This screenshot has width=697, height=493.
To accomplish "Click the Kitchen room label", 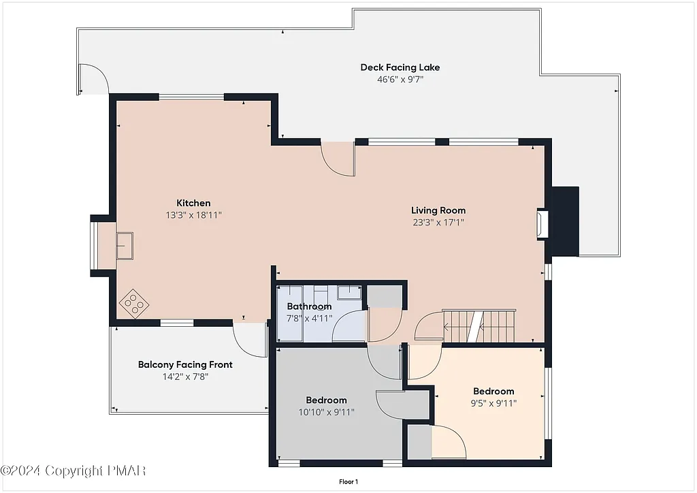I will (193, 203).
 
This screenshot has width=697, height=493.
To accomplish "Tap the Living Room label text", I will (438, 210).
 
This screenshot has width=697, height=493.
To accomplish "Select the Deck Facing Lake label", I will (400, 67).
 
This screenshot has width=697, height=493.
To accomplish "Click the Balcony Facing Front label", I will (185, 364).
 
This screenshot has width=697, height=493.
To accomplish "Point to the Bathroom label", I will (309, 306).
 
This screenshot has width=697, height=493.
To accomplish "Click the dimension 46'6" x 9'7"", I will (400, 79).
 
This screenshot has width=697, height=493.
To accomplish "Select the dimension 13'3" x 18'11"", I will (193, 214).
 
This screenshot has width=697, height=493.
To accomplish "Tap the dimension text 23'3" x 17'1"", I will (438, 222).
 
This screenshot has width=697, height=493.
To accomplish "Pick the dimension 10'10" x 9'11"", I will (326, 411).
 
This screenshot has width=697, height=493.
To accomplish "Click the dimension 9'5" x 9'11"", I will (493, 402).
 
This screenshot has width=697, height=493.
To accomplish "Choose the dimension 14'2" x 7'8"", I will (185, 376).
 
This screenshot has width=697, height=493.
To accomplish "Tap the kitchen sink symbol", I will (125, 245).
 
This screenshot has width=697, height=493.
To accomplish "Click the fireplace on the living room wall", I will (542, 223).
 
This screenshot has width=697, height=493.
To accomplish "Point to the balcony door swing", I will (250, 338).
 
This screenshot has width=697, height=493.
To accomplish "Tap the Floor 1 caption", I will (348, 482).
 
